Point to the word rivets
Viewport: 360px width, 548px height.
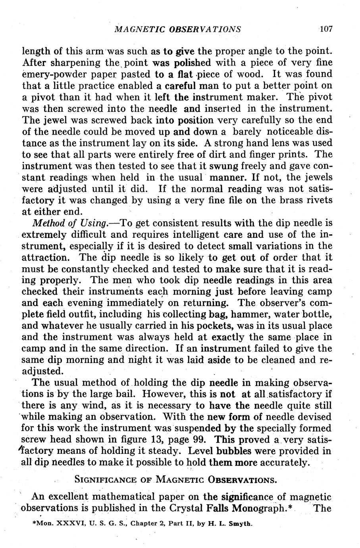(x=317, y=200)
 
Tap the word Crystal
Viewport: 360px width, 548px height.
(x=187, y=509)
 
